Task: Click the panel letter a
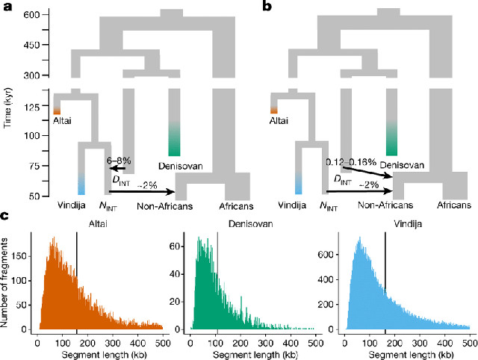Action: (7, 11)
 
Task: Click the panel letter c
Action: (6, 218)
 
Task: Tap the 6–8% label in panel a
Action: (121, 160)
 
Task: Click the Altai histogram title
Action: (100, 223)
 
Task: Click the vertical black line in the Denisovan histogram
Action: (217, 281)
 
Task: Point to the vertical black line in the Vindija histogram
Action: (385, 281)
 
